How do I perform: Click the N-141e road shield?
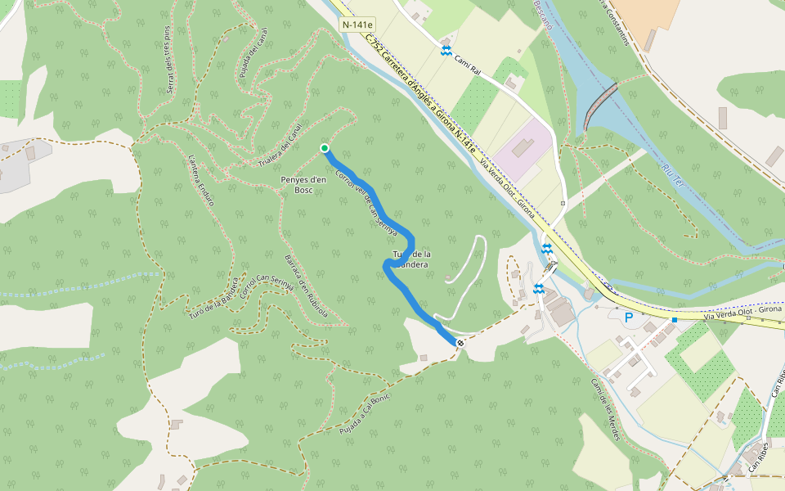[357, 25]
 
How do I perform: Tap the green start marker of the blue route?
[325, 148]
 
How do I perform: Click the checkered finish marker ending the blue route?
[461, 342]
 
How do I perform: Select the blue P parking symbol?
[629, 317]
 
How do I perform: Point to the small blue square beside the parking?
[674, 319]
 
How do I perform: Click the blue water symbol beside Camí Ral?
[446, 51]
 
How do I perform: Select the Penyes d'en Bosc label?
[303, 184]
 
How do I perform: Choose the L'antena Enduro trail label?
[200, 179]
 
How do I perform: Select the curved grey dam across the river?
[599, 106]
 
